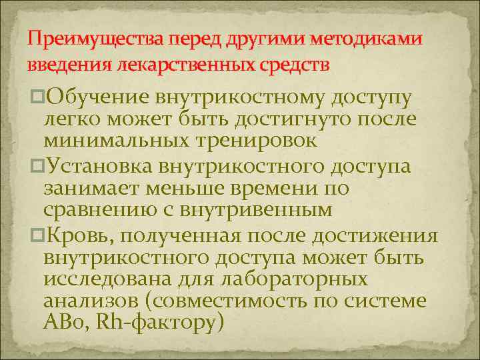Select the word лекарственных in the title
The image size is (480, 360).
click(183, 65)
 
